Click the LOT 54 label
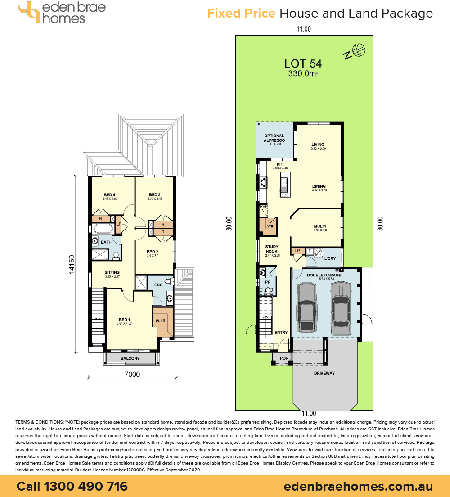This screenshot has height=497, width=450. [303, 64]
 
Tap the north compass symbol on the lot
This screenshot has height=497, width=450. [355, 51]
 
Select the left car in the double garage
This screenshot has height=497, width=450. [307, 307]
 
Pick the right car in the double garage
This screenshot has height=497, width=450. [341, 308]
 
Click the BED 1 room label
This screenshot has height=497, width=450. [125, 320]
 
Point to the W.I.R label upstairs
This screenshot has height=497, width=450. [161, 321]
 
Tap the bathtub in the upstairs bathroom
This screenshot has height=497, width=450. [103, 229]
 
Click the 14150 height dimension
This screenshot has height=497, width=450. [72, 264]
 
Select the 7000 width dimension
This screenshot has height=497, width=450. [132, 375]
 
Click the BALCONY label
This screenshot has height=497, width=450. [130, 358]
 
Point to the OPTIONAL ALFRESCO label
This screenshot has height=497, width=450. [274, 138]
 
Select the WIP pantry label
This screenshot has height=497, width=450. [270, 226]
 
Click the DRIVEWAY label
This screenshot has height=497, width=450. [324, 373]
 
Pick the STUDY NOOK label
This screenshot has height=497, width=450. [272, 249]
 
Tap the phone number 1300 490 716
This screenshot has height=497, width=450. [85, 487]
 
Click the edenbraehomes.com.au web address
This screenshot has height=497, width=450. [358, 487]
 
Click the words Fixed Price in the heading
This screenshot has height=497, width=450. [241, 14]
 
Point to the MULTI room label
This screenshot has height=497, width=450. [320, 226]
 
